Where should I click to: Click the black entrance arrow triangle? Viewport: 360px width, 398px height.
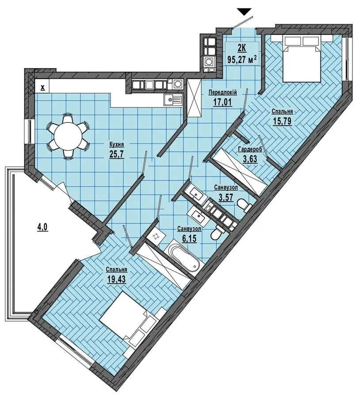click(244, 11)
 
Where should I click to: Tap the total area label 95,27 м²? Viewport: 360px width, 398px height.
click(242, 59)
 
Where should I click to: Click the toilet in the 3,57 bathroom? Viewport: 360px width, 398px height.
click(244, 205)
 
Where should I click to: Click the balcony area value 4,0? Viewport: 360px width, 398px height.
click(42, 227)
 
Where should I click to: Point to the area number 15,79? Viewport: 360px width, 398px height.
click(282, 121)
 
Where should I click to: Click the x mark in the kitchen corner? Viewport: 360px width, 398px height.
click(42, 88)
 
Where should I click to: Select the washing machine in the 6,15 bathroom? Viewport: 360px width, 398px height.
click(155, 236)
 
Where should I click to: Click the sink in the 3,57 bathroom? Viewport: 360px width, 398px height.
click(196, 193)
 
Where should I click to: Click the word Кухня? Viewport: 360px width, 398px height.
click(116, 145)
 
